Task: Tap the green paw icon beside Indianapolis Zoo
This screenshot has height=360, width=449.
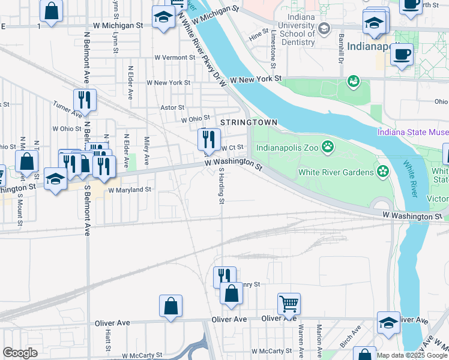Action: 327,146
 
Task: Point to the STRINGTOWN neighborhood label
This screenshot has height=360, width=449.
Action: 249,122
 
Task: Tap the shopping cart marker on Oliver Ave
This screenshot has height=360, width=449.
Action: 289,304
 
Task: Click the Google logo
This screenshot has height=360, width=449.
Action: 20,353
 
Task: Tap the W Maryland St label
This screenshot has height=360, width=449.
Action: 130,190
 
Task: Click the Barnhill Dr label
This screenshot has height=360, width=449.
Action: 340,50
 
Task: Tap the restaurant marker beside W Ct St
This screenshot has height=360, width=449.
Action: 208,140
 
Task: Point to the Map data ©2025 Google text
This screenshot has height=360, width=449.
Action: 411,355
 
